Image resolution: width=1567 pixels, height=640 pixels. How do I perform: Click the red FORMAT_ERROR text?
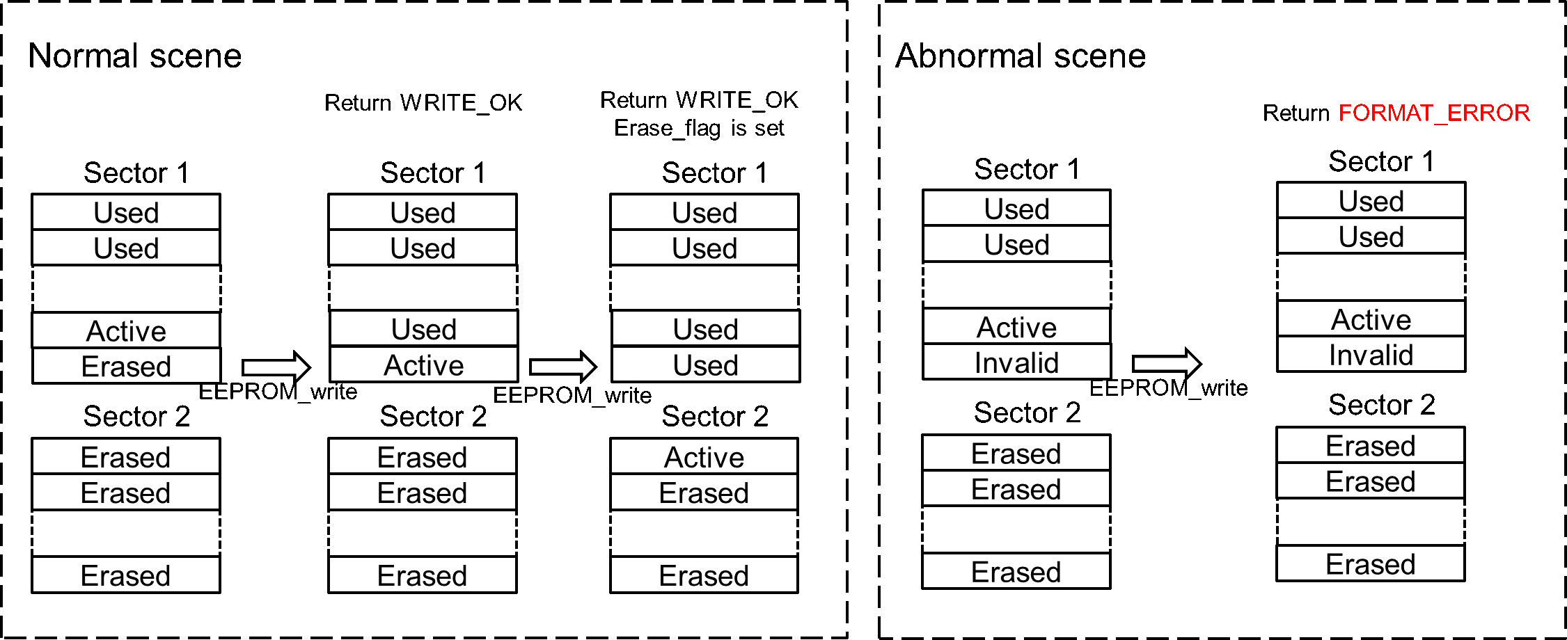1433,113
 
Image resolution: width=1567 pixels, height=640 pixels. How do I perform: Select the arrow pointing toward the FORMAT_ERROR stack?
1166,363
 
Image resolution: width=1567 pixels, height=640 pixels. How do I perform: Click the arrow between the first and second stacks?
276,367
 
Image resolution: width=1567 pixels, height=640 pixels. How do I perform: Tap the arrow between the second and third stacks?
562,367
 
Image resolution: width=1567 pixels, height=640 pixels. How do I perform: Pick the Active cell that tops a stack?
704,457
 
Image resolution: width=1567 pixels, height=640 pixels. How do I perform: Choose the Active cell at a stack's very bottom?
423,365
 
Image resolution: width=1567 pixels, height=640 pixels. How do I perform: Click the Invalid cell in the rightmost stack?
1371,355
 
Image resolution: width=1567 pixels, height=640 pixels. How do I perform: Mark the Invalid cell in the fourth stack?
1016,362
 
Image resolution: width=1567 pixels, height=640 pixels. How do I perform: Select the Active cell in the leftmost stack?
126,330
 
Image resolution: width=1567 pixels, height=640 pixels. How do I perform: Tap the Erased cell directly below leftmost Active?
126,366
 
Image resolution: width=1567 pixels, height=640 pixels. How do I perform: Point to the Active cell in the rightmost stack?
1371,319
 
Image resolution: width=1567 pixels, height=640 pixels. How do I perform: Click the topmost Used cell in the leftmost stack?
126,212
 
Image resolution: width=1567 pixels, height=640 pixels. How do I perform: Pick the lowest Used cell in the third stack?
705,365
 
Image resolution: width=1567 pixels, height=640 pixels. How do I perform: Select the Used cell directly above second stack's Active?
423,329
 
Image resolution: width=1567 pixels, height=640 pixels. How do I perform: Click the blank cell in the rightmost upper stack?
1371,278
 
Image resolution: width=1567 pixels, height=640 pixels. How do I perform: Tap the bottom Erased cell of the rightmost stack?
1370,563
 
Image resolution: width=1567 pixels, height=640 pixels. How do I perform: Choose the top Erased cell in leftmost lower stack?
126,457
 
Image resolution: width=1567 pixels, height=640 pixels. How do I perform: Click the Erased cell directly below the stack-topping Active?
704,493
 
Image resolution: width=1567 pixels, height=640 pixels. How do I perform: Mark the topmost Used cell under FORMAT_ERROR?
1371,201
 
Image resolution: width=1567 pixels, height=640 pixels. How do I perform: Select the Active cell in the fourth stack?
1016,327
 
